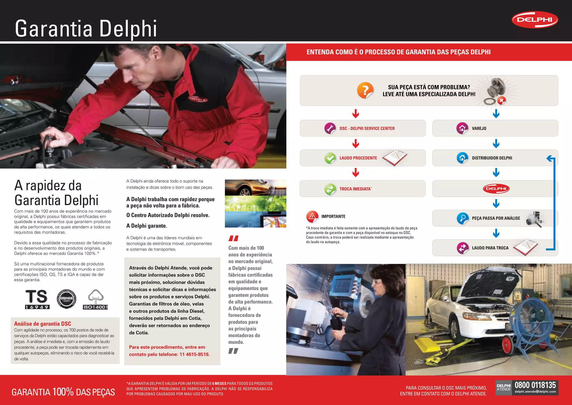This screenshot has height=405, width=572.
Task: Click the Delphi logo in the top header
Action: pyautogui.click(x=535, y=20)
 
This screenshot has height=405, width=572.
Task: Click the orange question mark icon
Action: pyautogui.click(x=365, y=90)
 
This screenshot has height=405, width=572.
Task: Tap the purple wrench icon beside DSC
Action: pyautogui.click(x=330, y=128)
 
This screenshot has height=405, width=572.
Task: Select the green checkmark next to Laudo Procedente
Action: pyautogui.click(x=330, y=158)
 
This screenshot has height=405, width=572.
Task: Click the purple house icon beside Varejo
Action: pyautogui.click(x=462, y=128)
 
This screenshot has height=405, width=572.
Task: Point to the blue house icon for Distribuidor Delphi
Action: pyautogui.click(x=462, y=158)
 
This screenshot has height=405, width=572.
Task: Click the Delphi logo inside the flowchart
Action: pyautogui.click(x=496, y=189)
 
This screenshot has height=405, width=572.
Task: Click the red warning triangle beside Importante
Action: pyautogui.click(x=312, y=216)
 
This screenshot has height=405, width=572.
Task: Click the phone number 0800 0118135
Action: pyautogui.click(x=535, y=385)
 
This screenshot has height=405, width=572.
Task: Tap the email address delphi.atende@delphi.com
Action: pyautogui.click(x=535, y=392)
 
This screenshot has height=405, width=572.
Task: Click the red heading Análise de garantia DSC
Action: pyautogui.click(x=42, y=324)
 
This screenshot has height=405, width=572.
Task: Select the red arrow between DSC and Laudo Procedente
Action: pyautogui.click(x=356, y=143)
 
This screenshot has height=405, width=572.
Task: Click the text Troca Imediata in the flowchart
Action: pyautogui.click(x=355, y=189)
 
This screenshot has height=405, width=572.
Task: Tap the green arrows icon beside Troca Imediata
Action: pyautogui.click(x=330, y=189)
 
